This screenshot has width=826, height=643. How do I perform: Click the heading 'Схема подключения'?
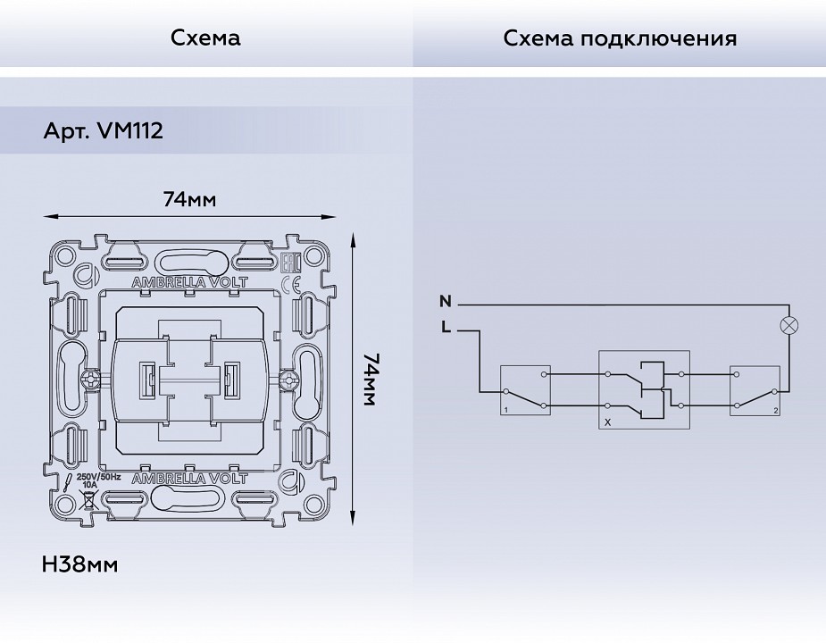[x=620, y=38]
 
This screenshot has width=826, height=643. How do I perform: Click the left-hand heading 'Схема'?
[x=205, y=38]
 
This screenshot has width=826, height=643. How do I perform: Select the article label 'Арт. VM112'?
[x=103, y=132]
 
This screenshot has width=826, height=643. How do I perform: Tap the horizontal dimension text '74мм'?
[x=189, y=199]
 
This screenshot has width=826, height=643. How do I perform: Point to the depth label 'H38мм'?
[x=79, y=564]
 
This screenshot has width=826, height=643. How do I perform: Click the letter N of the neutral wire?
[x=446, y=302]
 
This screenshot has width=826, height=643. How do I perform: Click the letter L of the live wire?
[x=446, y=328]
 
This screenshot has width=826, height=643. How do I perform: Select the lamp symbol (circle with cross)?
[x=789, y=325]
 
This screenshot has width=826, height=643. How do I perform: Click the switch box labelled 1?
[x=525, y=391]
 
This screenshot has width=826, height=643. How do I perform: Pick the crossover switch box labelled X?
[x=642, y=389]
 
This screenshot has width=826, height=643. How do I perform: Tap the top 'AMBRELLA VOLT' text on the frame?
[x=189, y=282]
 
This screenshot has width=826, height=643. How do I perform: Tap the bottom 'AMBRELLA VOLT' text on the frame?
[x=189, y=480]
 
